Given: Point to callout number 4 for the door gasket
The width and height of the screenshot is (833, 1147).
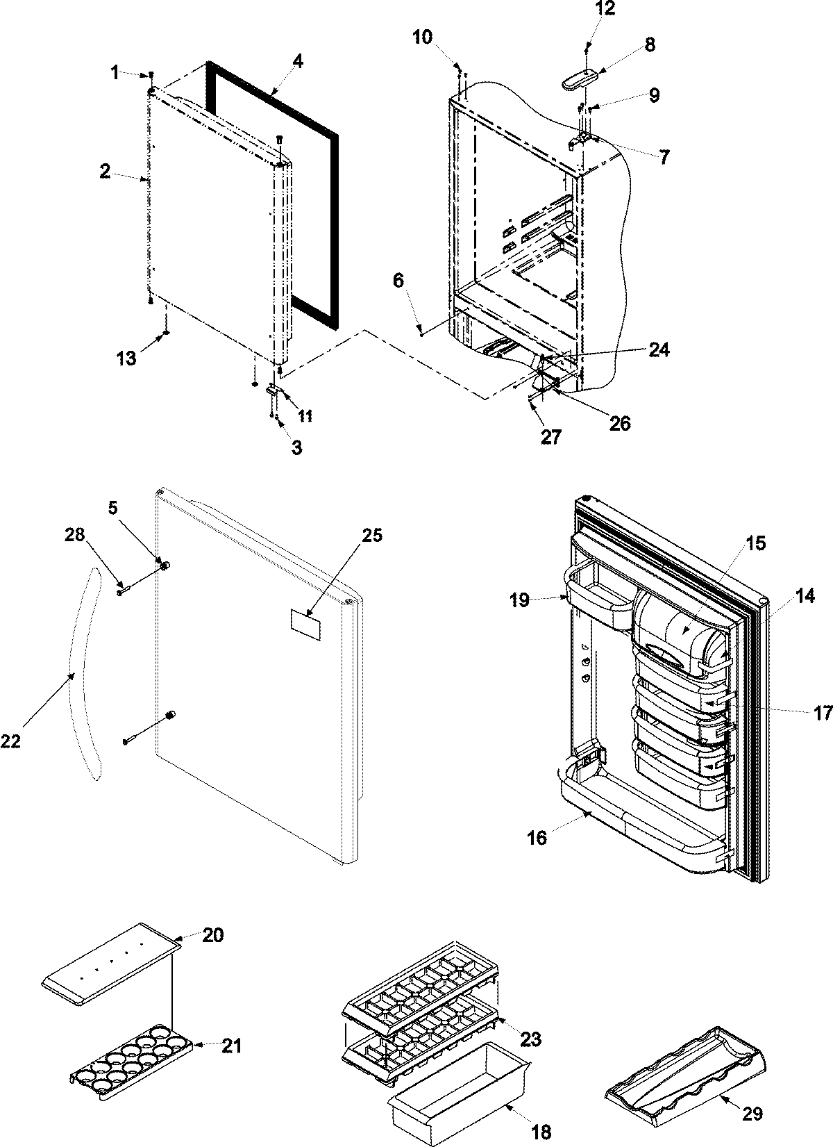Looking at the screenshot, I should point(297,60).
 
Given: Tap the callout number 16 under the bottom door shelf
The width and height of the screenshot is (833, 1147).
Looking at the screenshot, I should point(537,839).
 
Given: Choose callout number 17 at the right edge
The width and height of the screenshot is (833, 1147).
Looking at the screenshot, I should point(823,713).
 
